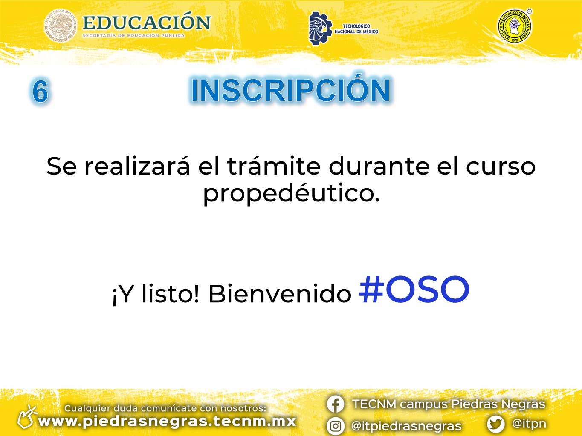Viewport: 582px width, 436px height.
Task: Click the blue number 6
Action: click(41, 91)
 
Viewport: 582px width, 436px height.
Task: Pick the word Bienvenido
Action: click(280, 294)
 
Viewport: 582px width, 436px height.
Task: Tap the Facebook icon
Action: click(336, 404)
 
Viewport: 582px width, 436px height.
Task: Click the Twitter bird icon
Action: click(495, 424)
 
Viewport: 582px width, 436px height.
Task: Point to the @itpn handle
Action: click(529, 424)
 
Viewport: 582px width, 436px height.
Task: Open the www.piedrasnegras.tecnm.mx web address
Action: click(167, 422)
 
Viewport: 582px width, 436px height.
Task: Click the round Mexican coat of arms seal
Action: click(61, 25)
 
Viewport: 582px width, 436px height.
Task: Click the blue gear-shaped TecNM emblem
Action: click(320, 28)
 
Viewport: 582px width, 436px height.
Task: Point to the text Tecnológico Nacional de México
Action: click(356, 29)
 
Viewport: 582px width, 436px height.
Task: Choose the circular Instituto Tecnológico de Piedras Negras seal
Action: click(515, 26)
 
